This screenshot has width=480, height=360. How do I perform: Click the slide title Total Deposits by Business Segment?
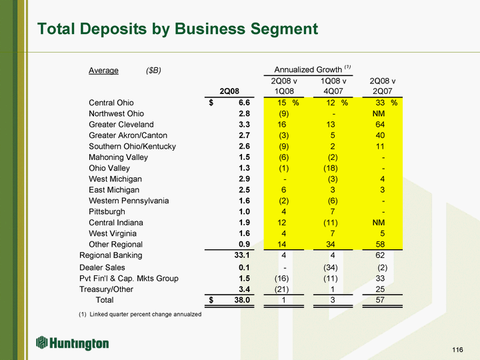pyautogui.click(x=177, y=29)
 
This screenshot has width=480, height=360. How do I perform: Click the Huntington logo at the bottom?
pyautogui.click(x=73, y=343)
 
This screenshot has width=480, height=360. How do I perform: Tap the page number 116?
pyautogui.click(x=457, y=350)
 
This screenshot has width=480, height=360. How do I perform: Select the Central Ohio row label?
pyautogui.click(x=111, y=103)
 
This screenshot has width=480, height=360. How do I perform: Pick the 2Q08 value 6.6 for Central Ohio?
pyautogui.click(x=243, y=103)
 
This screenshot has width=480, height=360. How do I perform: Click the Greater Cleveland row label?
pyautogui.click(x=121, y=125)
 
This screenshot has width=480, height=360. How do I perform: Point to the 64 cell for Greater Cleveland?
pyautogui.click(x=380, y=125)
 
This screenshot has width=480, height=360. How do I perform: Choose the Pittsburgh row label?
pyautogui.click(x=107, y=211)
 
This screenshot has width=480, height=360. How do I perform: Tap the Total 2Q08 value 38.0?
pyautogui.click(x=241, y=301)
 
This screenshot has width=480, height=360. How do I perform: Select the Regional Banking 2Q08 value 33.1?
pyautogui.click(x=241, y=255)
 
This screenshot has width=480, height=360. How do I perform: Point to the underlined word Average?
pyautogui.click(x=103, y=71)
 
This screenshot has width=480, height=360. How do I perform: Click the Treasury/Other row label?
pyautogui.click(x=106, y=289)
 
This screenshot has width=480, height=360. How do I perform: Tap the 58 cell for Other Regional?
pyautogui.click(x=380, y=244)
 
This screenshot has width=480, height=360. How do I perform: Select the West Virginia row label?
pyautogui.click(x=113, y=233)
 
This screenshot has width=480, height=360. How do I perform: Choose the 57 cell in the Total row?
pyautogui.click(x=380, y=301)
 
